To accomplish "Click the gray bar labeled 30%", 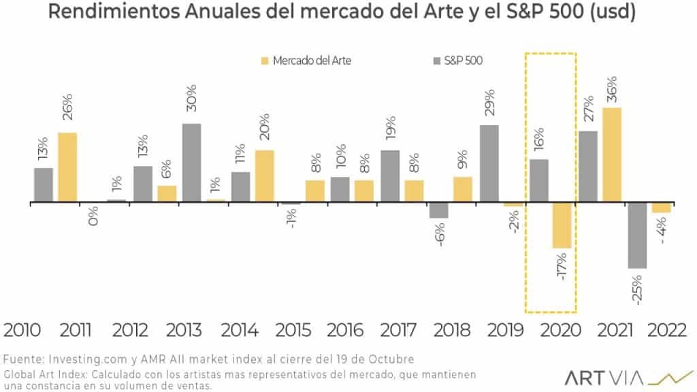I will coord(191,163).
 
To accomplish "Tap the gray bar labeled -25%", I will coord(637,235).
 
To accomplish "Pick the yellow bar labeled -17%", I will coord(562,225).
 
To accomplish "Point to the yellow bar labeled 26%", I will coord(67,167).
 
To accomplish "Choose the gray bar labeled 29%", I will coord(489,164).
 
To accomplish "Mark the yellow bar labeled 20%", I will coord(265,176).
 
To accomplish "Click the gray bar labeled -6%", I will coord(439,210).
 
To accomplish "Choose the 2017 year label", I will coord(399,331).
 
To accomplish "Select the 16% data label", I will coord(538,139).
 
